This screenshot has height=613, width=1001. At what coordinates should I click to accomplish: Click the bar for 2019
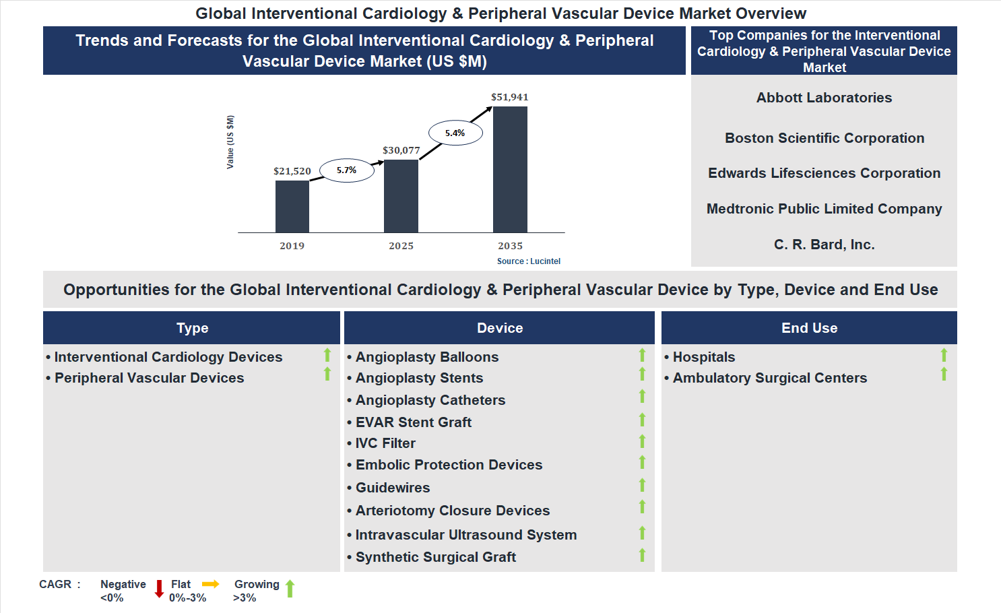(x=292, y=207)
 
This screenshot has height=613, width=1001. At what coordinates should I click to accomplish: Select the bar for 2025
(x=401, y=196)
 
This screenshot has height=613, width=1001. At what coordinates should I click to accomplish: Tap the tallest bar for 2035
(x=510, y=170)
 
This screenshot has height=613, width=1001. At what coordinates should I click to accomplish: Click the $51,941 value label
(x=509, y=97)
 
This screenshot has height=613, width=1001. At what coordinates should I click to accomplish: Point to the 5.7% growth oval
(x=346, y=170)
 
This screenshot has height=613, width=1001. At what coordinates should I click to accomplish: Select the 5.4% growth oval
(x=455, y=133)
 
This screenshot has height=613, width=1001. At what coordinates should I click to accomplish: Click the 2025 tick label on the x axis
(x=401, y=246)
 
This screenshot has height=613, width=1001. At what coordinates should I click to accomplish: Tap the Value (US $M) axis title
(x=230, y=142)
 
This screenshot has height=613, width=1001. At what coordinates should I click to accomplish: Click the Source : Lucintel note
(x=528, y=261)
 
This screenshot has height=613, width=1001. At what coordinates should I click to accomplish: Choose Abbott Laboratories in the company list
(x=824, y=98)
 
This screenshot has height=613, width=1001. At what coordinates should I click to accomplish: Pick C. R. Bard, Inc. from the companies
(x=824, y=245)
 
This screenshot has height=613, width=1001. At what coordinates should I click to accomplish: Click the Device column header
(x=499, y=328)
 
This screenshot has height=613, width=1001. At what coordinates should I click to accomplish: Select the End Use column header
(x=809, y=328)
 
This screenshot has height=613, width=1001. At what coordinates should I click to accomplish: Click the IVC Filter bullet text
(x=385, y=443)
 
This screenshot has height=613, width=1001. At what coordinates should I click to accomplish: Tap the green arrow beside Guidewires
(x=642, y=485)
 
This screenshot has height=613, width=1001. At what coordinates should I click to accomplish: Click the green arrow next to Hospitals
(x=944, y=355)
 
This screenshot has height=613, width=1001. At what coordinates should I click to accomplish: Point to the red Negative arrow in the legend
(x=159, y=589)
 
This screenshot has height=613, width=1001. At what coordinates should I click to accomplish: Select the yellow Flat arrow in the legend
(x=211, y=584)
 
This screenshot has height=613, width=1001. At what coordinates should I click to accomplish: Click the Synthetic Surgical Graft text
(x=435, y=557)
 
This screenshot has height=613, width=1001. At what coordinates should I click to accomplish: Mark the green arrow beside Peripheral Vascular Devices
(x=327, y=374)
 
